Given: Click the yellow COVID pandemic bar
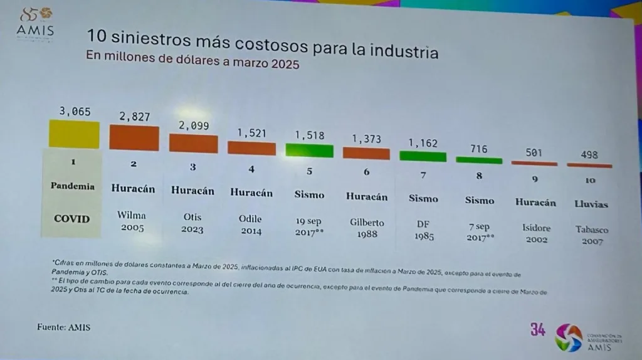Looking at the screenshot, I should (75, 134).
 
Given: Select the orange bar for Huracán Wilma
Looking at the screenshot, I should (134, 138).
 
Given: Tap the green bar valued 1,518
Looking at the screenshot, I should (309, 150).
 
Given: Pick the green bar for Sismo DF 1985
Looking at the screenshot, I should (423, 156).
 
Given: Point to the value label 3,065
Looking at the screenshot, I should (75, 112).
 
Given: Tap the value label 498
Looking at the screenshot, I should (589, 154).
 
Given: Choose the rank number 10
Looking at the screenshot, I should (589, 181).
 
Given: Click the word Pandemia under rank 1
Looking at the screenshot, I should (73, 186).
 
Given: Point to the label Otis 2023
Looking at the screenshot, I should (192, 223).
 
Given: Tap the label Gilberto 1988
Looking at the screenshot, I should (367, 228).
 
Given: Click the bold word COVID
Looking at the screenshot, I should (71, 219).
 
